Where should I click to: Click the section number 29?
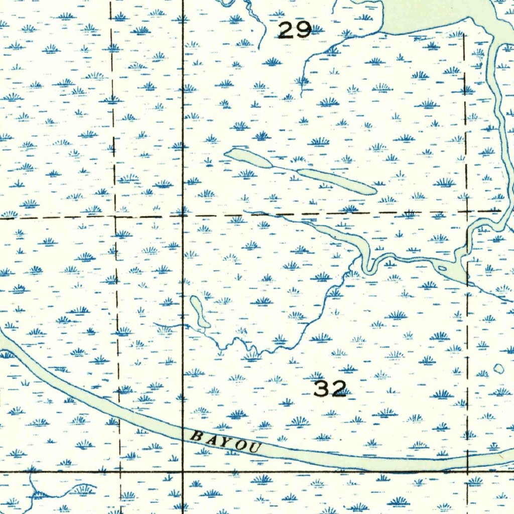295,31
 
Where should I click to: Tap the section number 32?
330,389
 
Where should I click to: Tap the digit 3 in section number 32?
322,389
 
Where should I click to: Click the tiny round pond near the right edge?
498,369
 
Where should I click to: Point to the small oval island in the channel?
442,268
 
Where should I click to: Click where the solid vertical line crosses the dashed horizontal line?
183,215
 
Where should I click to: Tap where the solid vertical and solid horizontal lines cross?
183,472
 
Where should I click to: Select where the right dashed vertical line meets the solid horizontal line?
467,471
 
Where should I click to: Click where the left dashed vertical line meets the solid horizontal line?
120,472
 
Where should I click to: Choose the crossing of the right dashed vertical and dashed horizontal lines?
466,212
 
